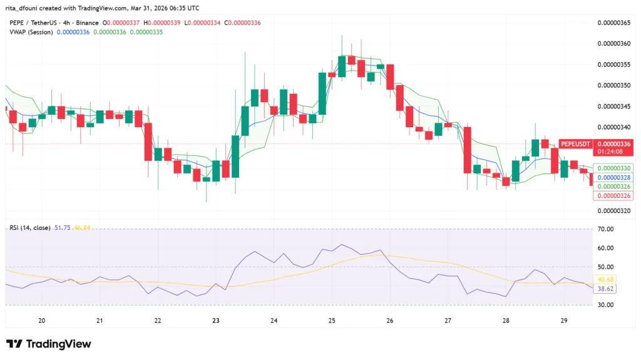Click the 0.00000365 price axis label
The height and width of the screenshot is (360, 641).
point(613,23)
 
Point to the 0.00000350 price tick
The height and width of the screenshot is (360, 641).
point(613,85)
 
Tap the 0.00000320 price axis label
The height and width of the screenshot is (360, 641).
point(613,210)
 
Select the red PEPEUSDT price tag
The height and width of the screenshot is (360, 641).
point(575,143)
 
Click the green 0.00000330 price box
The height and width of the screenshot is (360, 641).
point(613,168)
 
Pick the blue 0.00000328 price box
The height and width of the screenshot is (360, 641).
point(613,178)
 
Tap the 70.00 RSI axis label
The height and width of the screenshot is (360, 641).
point(605,229)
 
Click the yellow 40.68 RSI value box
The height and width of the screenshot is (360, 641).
point(605,279)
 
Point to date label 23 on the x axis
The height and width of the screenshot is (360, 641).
point(216,321)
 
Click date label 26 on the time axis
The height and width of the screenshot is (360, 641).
point(390,321)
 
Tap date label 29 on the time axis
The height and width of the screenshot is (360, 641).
point(564,321)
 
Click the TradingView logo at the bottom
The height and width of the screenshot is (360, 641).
point(49,344)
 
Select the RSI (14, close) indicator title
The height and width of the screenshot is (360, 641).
point(30,227)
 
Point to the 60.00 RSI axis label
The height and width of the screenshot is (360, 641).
point(605,248)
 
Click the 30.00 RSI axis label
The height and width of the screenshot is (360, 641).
point(605,305)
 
